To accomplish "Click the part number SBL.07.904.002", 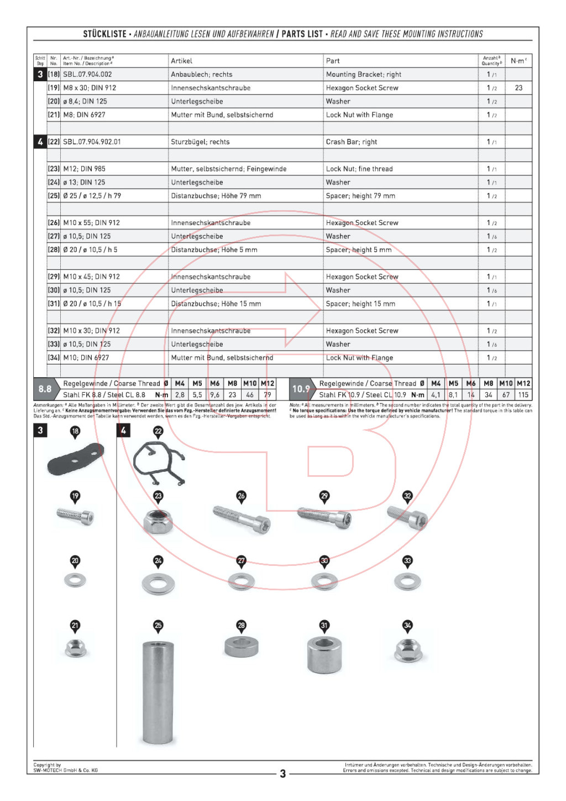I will coord(87,74).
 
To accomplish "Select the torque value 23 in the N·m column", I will coord(518,88).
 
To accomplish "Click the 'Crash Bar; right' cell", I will coord(352,142).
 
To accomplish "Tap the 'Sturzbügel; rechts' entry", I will coord(200,142).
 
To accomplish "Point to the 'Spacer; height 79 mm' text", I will coord(360,196).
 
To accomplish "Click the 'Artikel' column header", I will coord(181,61).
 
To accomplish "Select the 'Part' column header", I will coord(333,61).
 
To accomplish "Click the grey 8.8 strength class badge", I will coord(45,389).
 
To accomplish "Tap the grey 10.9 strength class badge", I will coord(301,389).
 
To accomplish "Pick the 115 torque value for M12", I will coord(523,395).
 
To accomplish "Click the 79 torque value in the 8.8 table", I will coord(268,395).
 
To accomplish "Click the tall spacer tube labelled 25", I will coord(158,692).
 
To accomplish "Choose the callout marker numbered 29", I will coord(324,496).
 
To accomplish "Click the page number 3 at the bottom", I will coord(282,773).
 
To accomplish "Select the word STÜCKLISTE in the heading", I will coord(105,34).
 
